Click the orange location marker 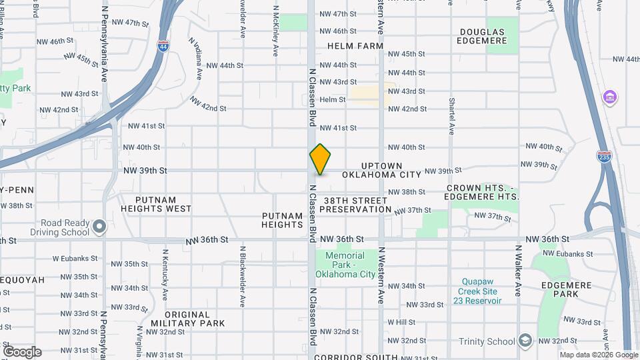tap(320, 159)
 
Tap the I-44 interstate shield tap(163, 47)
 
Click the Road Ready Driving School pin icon tap(99, 227)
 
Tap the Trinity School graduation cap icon tap(525, 341)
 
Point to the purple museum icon tap(609, 97)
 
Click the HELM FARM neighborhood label tap(355, 46)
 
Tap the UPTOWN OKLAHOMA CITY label tap(382, 169)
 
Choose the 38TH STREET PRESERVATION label tap(355, 205)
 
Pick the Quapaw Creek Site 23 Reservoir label tap(479, 291)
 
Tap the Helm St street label tap(333, 99)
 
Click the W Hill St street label tap(401, 322)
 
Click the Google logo tap(22, 352)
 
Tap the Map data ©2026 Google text tap(599, 355)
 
